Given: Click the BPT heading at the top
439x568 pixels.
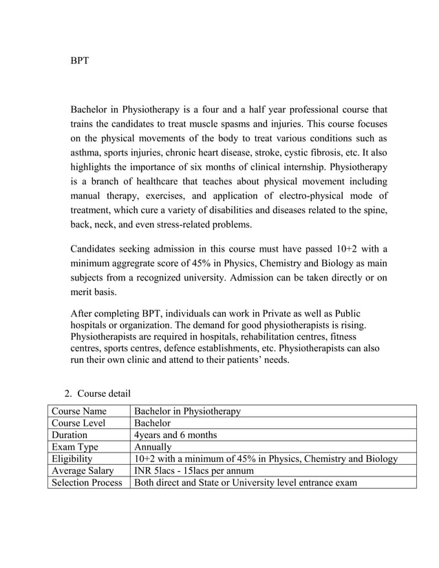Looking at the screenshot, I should tap(80, 61).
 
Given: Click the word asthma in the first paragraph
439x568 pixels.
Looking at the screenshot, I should tap(85, 153).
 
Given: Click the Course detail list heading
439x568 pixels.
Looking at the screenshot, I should tap(103, 393).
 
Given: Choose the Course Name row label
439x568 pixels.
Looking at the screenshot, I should tap(78, 411).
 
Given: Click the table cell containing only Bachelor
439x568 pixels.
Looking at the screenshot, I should tap(152, 423).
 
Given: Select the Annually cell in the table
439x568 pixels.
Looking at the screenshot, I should tap(153, 447).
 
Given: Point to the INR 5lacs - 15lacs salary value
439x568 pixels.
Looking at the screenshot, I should tap(194, 470).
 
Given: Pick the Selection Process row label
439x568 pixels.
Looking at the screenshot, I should tap(87, 482).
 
